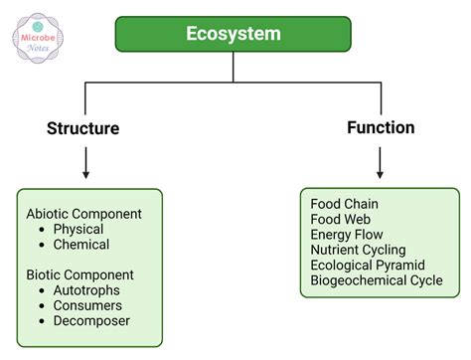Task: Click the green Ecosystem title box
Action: click(x=233, y=34)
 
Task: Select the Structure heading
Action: click(x=83, y=128)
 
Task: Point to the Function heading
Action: click(x=381, y=127)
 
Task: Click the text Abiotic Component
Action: click(x=84, y=213)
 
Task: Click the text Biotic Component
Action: click(x=79, y=274)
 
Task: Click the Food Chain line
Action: click(x=344, y=204)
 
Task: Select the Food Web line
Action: click(x=340, y=219)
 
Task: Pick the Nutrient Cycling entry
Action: click(x=358, y=250)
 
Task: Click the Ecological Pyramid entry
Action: click(x=367, y=266)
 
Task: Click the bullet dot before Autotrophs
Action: click(x=43, y=290)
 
